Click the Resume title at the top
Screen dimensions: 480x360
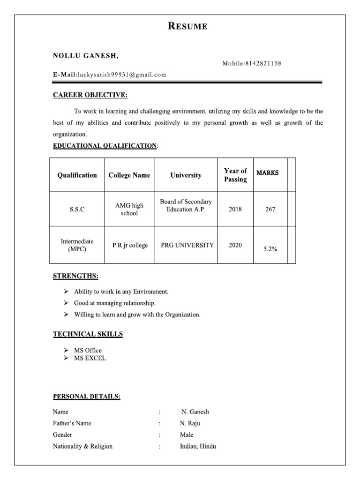[x=187, y=26]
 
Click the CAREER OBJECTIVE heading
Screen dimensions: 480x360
[x=90, y=95]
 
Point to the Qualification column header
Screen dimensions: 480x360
[x=77, y=175]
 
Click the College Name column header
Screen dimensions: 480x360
[x=129, y=175]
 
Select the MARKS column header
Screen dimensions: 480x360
[x=267, y=172]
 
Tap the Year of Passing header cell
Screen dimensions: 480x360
[x=235, y=175]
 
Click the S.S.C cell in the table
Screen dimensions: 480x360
[x=77, y=210]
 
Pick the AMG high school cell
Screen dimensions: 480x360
[x=129, y=209]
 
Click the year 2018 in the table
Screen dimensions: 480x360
[x=235, y=210]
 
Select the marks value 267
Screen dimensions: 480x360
[x=270, y=210]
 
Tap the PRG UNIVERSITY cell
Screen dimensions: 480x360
[x=187, y=245]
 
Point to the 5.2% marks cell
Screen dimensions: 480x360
[x=270, y=249]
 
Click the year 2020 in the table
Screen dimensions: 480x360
[x=235, y=245]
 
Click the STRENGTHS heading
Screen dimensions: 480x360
[x=75, y=276]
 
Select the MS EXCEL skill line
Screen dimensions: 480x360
[x=90, y=358]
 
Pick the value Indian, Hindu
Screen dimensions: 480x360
[x=198, y=446]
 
